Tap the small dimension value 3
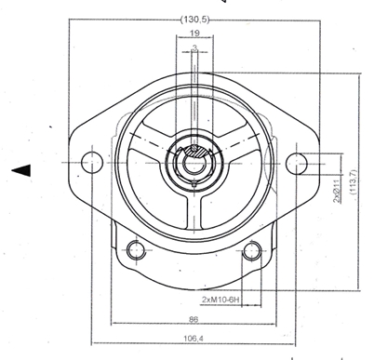click(x=194, y=47)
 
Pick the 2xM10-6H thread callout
click(x=220, y=300)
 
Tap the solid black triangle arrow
click(x=20, y=169)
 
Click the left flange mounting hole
click(x=91, y=162)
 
